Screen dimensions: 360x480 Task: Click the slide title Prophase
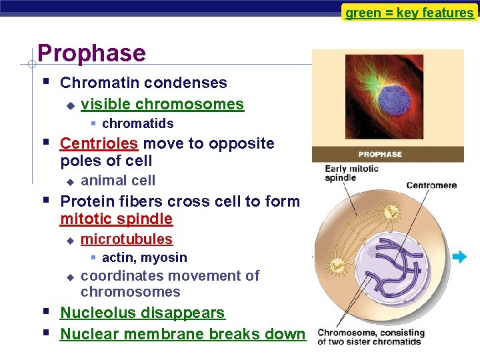(x=91, y=53)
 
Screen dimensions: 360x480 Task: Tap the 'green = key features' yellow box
(x=409, y=13)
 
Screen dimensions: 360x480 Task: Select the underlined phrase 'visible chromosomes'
(x=162, y=104)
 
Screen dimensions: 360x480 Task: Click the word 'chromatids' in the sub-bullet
(x=137, y=123)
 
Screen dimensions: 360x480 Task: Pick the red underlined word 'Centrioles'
(x=99, y=143)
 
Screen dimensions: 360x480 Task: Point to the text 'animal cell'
(x=118, y=181)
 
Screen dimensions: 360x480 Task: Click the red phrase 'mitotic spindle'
(x=116, y=219)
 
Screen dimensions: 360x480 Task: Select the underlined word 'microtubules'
(x=126, y=239)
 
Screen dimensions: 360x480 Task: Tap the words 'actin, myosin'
(x=144, y=257)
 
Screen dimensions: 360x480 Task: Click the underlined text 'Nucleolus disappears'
(x=142, y=313)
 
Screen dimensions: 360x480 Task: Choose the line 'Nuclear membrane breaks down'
(x=182, y=334)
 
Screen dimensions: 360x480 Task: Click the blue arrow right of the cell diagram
(x=459, y=257)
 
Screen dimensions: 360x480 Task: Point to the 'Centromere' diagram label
(x=432, y=185)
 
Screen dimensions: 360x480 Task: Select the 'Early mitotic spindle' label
(x=351, y=173)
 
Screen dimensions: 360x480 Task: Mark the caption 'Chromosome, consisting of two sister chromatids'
(x=371, y=337)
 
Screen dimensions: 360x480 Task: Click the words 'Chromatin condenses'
(x=143, y=83)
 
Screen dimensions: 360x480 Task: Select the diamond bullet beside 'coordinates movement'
(x=69, y=276)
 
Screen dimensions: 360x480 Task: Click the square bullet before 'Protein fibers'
(x=45, y=199)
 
